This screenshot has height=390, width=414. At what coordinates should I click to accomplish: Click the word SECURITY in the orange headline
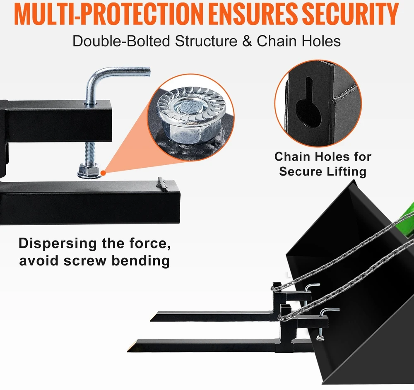350,14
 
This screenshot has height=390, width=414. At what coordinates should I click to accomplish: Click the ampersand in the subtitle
247,41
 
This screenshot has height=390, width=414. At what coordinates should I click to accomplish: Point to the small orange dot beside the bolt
103,173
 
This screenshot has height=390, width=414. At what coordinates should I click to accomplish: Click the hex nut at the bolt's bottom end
89,171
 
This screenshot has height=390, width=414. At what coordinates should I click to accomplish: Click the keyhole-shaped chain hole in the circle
308,104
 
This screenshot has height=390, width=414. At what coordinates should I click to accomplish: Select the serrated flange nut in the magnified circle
191,116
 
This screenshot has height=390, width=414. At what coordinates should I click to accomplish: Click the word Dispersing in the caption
57,244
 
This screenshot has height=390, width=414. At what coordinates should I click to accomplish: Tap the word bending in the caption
140,261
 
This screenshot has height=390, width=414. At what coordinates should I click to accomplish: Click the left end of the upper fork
151,319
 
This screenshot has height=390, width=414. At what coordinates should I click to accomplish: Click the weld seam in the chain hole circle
344,93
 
